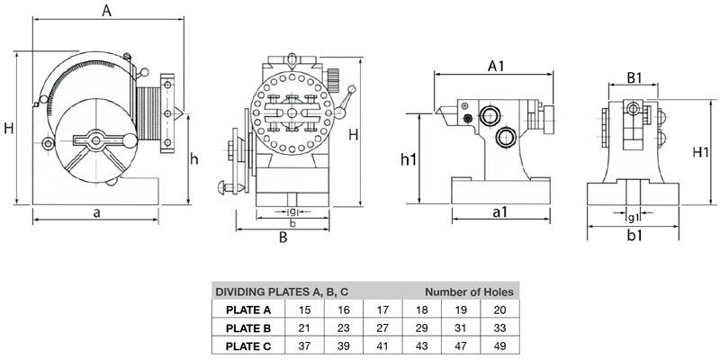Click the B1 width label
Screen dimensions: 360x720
pos(635,79)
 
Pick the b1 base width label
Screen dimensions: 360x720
pos(634,236)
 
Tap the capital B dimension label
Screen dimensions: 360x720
pos(283,238)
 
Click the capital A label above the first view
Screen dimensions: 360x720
pos(106,11)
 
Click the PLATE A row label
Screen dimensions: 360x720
pos(241,309)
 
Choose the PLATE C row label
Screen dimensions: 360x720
pos(241,345)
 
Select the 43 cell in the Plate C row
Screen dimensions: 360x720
pos(418,345)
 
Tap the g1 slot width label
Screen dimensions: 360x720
pos(633,217)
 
